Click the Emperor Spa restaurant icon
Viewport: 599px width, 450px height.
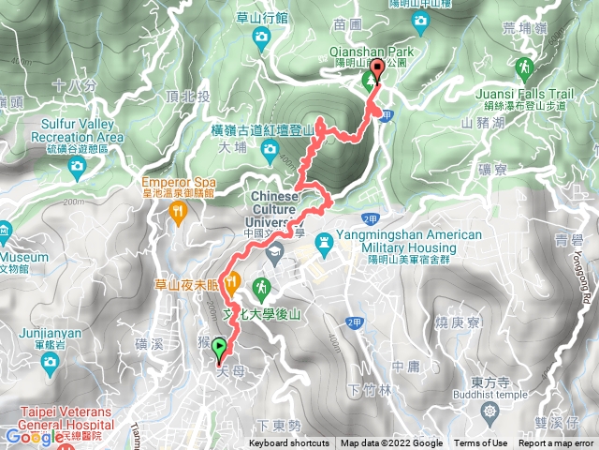(178, 212)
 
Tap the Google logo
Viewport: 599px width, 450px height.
(33, 435)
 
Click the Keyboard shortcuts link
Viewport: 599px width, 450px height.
(289, 443)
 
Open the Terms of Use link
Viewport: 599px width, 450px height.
(481, 443)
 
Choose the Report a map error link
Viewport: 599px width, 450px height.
(557, 443)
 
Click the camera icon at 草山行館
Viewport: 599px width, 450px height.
(261, 36)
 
